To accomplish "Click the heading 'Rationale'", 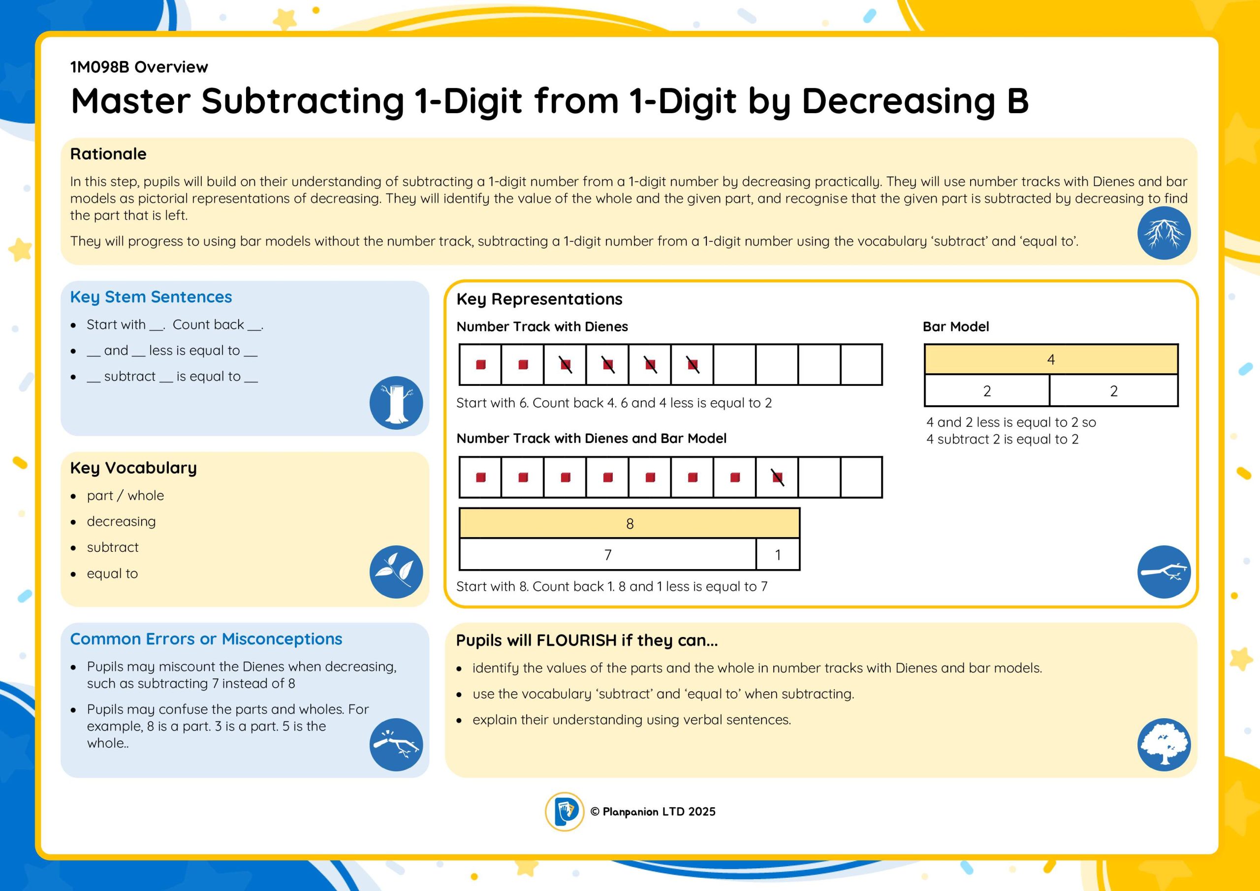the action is pos(108,154).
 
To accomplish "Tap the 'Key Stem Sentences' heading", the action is pos(151,297).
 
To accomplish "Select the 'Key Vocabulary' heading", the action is pos(133,468).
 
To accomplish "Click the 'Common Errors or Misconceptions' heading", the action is pos(206,639).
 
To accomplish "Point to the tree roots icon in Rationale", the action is pos(1164,233).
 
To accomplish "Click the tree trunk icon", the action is pos(396,402).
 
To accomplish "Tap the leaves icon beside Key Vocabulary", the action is pos(396,572).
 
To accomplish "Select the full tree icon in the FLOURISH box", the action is pos(1164,744).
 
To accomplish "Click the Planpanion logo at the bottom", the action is pos(564,811).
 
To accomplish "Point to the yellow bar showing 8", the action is pos(630,523).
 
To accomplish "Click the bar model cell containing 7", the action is pos(607,554).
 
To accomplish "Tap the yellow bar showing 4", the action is pos(1051,359).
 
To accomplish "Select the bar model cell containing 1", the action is pos(778,554).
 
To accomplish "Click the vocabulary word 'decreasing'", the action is pos(121,521).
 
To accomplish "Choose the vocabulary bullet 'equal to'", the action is pos(113,573).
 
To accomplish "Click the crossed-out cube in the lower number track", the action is pos(778,477).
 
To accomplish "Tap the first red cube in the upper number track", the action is pos(481,365).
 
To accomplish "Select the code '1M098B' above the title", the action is pos(99,67).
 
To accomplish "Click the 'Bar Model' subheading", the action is pos(956,327).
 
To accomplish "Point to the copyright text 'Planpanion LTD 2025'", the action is pos(659,811).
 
